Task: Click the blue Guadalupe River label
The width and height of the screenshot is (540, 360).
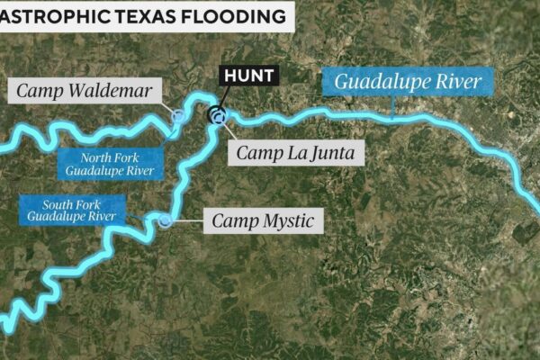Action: [x=408, y=84]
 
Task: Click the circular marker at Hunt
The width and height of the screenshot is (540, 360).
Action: [x=216, y=114]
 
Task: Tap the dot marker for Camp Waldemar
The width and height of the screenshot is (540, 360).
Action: [x=178, y=116]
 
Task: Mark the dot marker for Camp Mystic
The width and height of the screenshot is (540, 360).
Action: [x=166, y=220]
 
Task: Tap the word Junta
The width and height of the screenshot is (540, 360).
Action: [x=332, y=153]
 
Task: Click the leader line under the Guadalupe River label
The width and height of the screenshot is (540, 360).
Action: [x=394, y=107]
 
